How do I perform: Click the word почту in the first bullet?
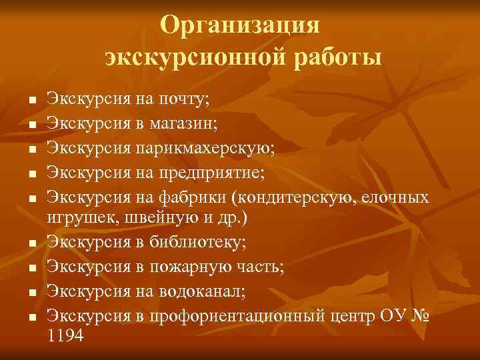182,101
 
